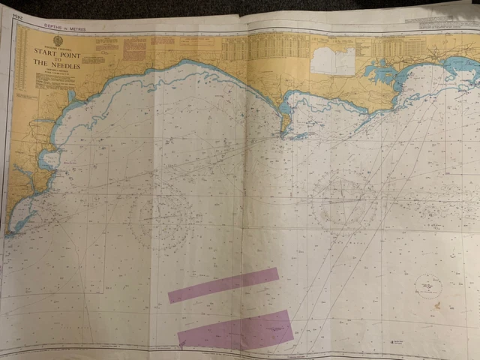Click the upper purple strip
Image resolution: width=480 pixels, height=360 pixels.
point(223,285)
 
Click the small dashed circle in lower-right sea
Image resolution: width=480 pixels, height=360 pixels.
point(427,286)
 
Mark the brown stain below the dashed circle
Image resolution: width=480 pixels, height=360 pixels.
point(436,305)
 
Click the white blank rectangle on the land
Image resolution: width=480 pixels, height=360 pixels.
point(333,61)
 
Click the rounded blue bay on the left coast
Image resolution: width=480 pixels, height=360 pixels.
point(48,159)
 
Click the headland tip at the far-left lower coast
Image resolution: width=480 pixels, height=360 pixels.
point(10,233)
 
